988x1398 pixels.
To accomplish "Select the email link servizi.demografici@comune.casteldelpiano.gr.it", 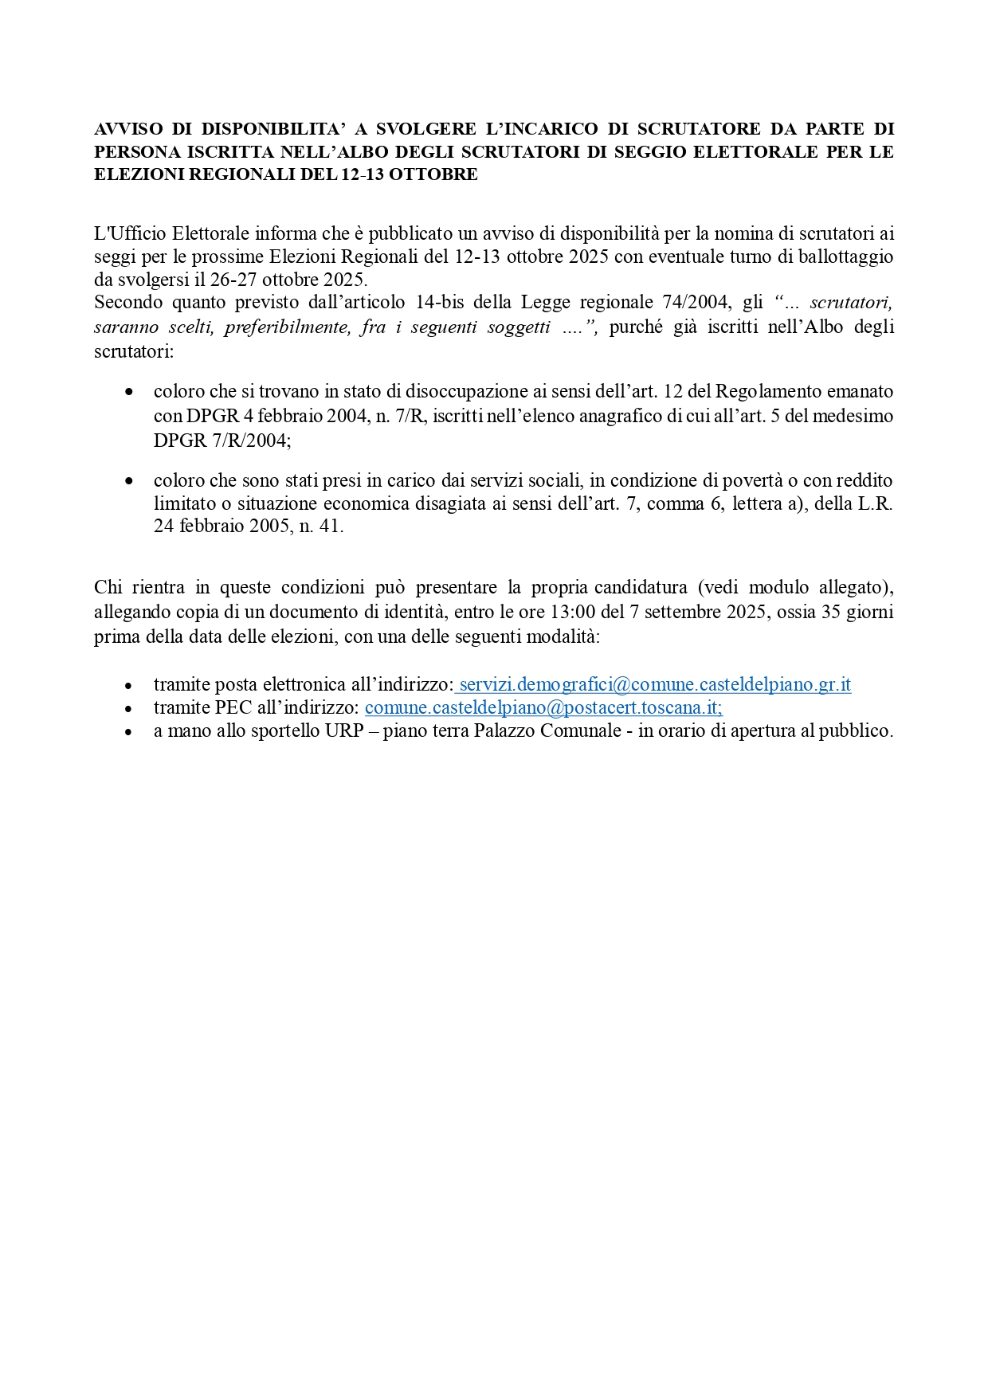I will [655, 684].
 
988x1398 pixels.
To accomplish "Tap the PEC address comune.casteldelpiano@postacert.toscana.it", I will [543, 707].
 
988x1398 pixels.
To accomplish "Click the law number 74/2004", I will [696, 303].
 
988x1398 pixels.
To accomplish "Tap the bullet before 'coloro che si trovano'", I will [130, 392].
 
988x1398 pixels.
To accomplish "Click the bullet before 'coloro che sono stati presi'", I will [130, 481].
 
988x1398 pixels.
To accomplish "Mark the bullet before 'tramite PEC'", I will [130, 708].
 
